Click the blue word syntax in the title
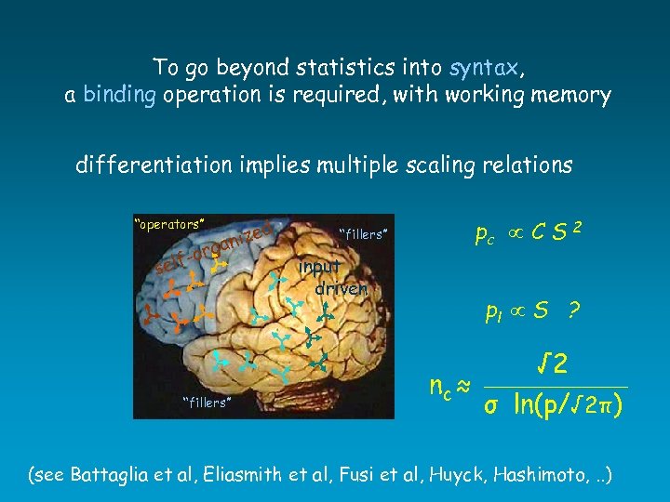(x=484, y=68)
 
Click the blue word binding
(x=119, y=96)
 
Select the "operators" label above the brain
(x=169, y=223)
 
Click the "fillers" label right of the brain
(x=362, y=234)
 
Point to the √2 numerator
(x=556, y=363)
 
